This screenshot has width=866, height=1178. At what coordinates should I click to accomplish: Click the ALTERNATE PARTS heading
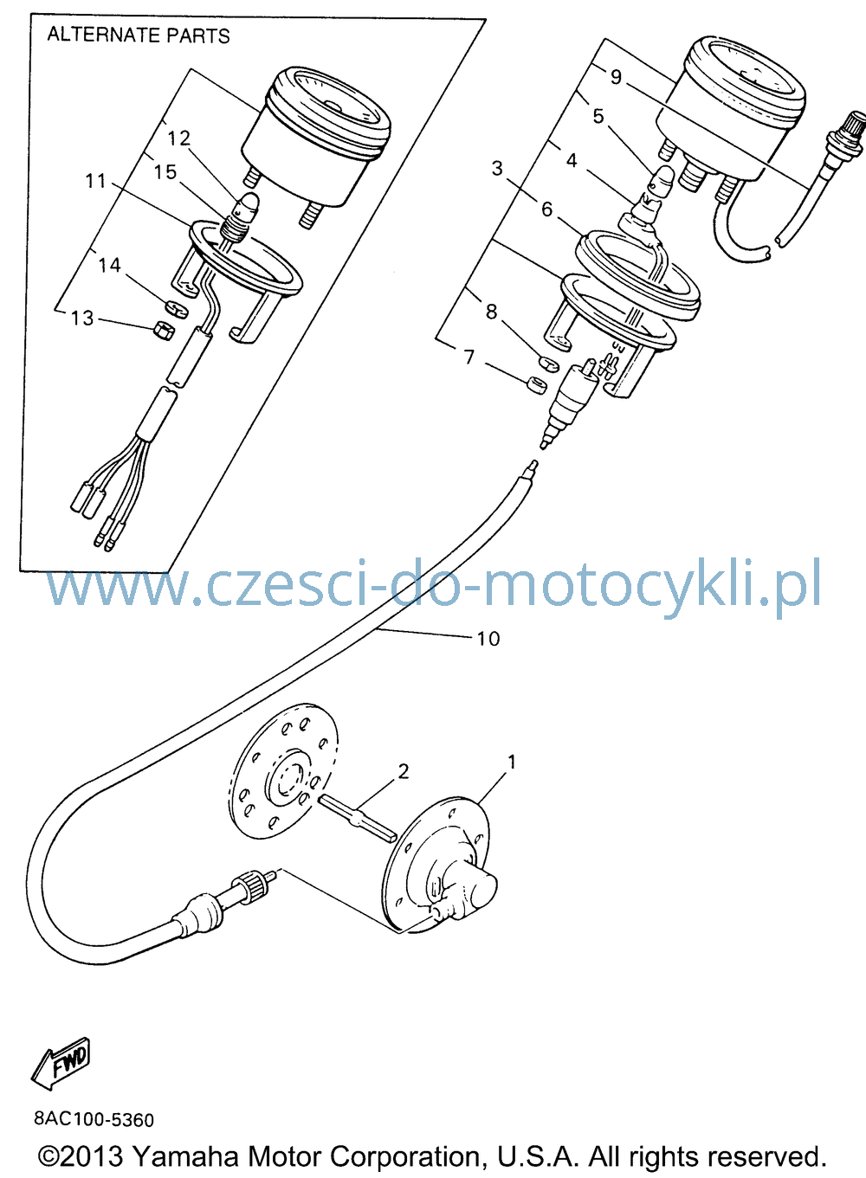(x=139, y=35)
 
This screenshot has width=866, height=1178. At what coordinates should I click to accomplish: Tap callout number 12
(x=179, y=138)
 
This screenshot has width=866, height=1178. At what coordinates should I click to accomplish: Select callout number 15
(x=165, y=172)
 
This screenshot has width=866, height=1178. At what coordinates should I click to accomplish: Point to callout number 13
(x=82, y=319)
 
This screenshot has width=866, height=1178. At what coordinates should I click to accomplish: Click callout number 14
(x=110, y=265)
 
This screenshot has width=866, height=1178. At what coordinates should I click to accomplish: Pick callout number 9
(x=616, y=77)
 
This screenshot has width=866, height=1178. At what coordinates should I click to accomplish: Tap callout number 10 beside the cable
(x=488, y=639)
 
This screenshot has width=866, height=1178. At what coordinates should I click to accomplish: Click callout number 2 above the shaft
(x=403, y=771)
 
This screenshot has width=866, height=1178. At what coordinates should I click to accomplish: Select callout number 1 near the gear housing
(x=511, y=761)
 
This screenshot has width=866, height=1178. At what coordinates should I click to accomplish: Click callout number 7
(x=469, y=357)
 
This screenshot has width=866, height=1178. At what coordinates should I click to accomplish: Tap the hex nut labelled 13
(x=162, y=332)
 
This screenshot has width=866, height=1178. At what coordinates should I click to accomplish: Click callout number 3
(x=497, y=169)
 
